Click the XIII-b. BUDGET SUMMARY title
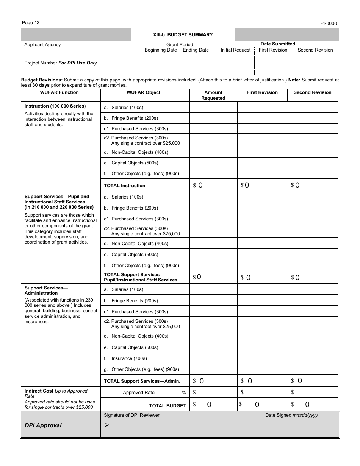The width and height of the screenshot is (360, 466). tap(183, 35)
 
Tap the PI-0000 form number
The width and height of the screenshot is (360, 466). tap(328, 23)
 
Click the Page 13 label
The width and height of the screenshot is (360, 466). tap(31, 23)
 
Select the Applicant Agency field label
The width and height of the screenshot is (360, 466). tap(42, 45)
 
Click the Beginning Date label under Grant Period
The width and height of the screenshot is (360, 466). tap(161, 50)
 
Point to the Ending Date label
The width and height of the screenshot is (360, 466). tap(196, 50)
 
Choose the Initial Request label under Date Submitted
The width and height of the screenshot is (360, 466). tap(235, 50)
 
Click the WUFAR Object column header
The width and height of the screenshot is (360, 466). tap(143, 92)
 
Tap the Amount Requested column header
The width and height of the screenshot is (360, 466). tap(213, 95)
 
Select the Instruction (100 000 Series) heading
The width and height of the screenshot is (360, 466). tap(55, 106)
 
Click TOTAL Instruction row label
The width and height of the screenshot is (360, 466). tap(124, 186)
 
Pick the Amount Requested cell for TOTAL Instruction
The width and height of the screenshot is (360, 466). tap(213, 185)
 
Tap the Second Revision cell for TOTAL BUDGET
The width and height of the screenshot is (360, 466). tap(313, 405)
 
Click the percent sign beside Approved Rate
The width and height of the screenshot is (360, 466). tap(184, 393)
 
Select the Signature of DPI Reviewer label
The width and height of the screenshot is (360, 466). tap(131, 415)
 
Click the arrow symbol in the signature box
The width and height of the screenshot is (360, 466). tap(106, 425)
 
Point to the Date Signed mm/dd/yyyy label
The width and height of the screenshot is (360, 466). tap(291, 415)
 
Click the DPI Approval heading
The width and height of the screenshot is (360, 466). tap(43, 425)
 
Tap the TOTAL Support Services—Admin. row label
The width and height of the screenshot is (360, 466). tap(142, 381)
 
